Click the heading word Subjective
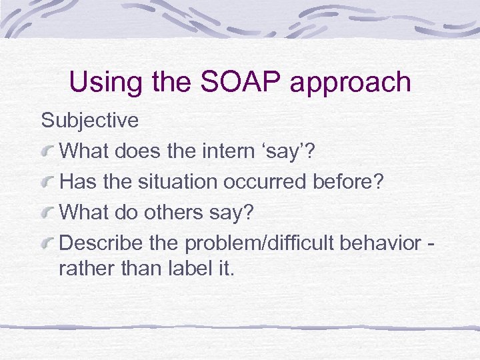click(89, 121)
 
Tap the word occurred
click(269, 181)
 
